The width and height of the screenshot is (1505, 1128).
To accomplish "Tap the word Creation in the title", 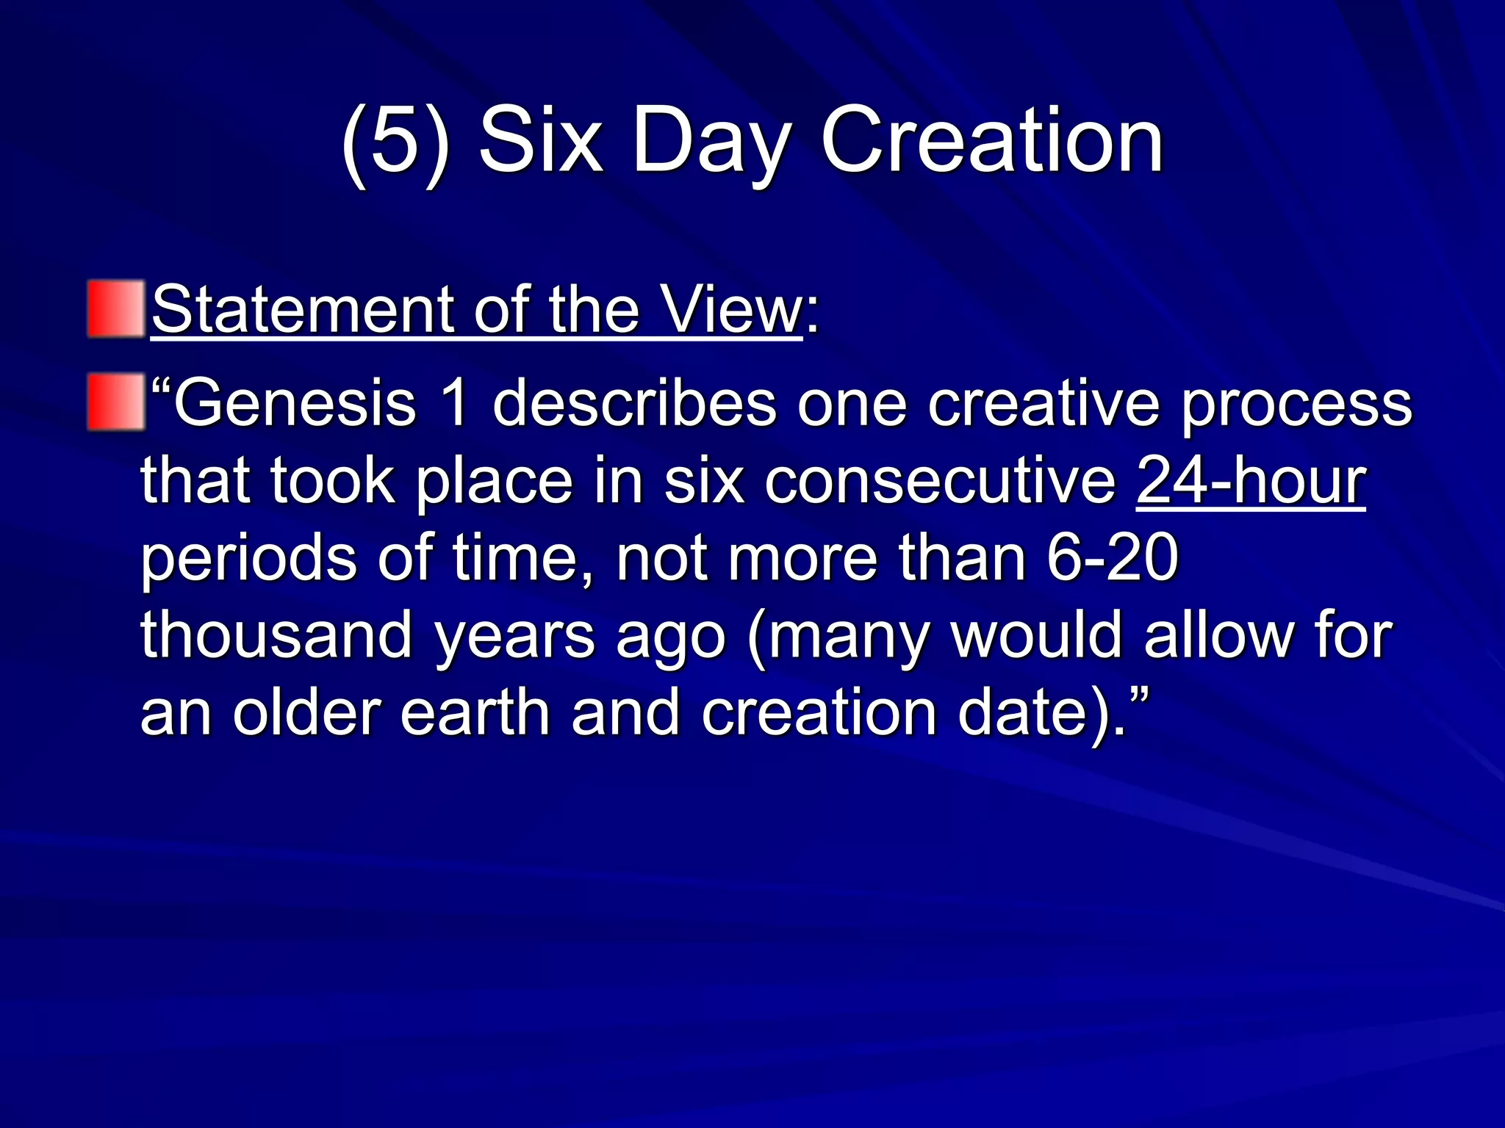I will point(991,140).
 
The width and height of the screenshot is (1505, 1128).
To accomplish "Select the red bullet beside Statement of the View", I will point(116,309).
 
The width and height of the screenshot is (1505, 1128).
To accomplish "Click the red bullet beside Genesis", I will point(116,402).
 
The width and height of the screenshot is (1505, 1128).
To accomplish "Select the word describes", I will point(634,403).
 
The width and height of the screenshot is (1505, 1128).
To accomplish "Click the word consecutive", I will point(940,480).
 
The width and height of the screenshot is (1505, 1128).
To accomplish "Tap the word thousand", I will point(276,634).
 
